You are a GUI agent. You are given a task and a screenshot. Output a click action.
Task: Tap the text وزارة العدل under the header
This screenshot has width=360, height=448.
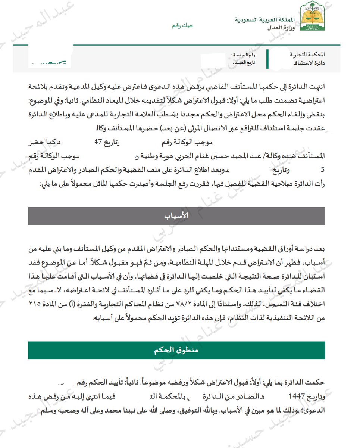tap(281, 28)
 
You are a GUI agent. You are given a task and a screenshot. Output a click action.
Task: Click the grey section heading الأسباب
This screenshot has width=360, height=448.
tap(176, 216)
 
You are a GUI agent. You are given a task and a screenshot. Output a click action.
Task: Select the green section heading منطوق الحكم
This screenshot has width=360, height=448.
tap(176, 350)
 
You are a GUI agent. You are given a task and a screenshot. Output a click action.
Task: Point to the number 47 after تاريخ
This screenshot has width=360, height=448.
tap(98, 142)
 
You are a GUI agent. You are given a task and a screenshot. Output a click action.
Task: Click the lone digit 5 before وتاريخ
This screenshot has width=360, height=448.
tap(323, 169)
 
